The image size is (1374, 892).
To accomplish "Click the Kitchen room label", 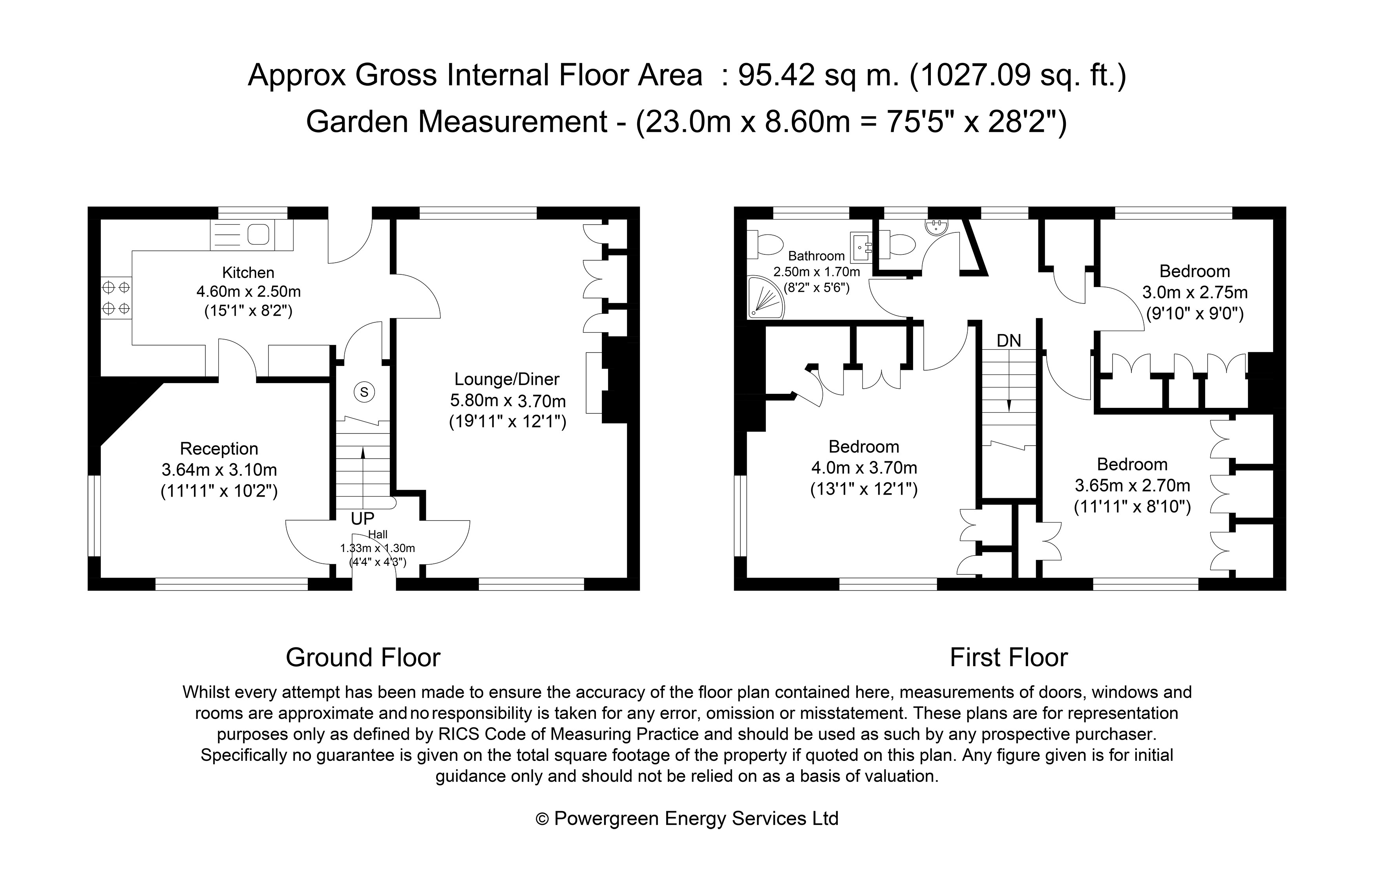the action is coord(248,272).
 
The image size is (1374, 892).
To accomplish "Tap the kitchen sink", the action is coord(258,234).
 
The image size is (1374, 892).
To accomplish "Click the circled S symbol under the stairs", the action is coord(364,393).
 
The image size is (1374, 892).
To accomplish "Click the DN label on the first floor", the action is coord(1009,341).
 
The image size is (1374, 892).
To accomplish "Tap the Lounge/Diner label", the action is coord(506,379).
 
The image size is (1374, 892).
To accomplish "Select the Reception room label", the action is coord(219,449).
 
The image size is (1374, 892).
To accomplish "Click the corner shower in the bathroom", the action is coord(765,297).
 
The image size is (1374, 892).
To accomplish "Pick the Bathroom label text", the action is coord(816,256).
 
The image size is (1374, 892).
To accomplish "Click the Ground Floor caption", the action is coord(363,658).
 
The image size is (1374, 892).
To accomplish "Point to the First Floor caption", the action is coord(1009,658).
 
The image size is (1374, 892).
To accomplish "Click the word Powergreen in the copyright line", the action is coord(606,819).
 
